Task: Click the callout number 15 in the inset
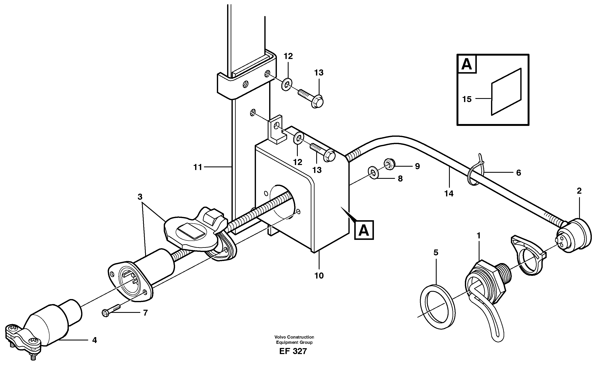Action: tap(467, 99)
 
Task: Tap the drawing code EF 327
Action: tap(293, 351)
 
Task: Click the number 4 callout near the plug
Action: tap(94, 340)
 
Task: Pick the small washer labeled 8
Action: tap(373, 173)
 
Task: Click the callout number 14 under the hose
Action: tap(449, 193)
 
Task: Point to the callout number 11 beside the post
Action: tap(197, 167)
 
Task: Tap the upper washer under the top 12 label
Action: tap(287, 84)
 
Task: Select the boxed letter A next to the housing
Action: tap(364, 230)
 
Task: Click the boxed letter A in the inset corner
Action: tap(467, 64)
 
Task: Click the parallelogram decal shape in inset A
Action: tap(506, 92)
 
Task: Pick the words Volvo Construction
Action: tap(294, 337)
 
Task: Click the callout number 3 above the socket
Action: tap(140, 197)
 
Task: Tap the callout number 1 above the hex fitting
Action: tap(478, 235)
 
